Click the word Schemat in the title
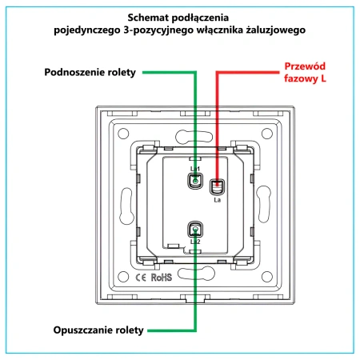point(148,18)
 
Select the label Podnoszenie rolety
point(90,72)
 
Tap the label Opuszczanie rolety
point(98,330)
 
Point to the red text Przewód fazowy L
point(305,72)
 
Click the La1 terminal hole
point(195,182)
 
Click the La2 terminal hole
point(195,230)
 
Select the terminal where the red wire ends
point(217,186)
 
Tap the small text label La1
point(195,169)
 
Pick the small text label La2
point(195,242)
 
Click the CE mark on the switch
point(141,278)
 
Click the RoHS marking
point(162,278)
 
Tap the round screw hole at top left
point(123,134)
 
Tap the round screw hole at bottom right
point(267,277)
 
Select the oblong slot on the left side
point(126,206)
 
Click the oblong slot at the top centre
point(194,136)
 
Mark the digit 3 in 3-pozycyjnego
point(126,30)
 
